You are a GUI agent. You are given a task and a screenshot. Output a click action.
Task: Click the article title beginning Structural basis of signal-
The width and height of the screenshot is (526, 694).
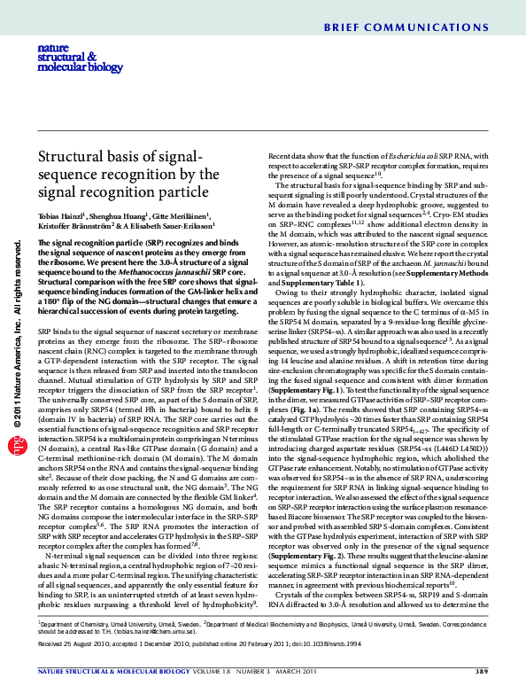tap(128, 175)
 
